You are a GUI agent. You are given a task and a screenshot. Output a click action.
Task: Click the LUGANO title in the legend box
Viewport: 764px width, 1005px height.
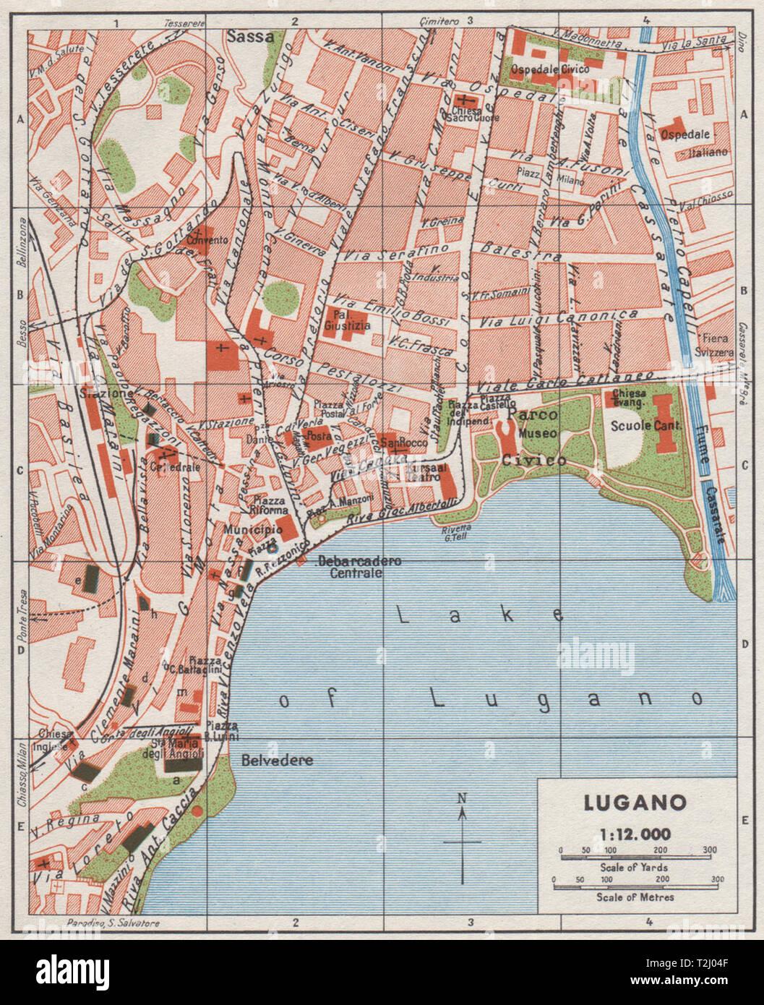tap(635, 803)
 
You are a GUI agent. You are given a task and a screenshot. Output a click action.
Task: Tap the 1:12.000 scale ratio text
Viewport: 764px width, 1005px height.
tap(635, 834)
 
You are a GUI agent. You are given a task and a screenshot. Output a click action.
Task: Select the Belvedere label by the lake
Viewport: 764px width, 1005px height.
tap(267, 760)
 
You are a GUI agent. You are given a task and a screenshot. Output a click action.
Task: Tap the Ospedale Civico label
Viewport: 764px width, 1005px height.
tap(549, 69)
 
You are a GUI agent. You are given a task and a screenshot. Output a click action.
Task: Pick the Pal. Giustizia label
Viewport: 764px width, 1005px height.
tap(347, 320)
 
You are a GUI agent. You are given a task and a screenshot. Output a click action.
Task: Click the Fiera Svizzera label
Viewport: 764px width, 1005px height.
tap(716, 346)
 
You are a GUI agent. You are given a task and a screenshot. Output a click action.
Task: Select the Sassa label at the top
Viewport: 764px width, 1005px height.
tap(250, 36)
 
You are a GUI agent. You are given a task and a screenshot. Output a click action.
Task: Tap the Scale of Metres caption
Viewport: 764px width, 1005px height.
tap(635, 897)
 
